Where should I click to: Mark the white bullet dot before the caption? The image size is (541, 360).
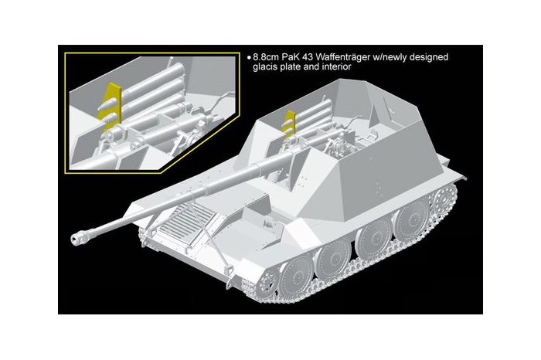[249, 58]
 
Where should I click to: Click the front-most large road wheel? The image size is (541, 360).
[291, 277]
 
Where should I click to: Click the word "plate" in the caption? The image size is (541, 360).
[295, 68]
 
